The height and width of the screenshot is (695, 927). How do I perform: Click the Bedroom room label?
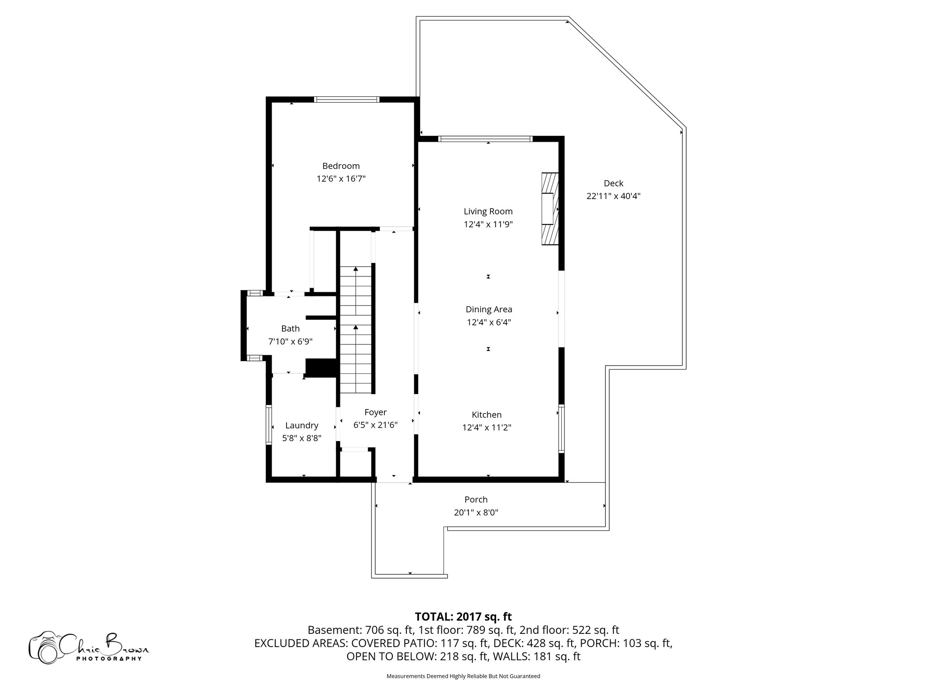click(x=341, y=166)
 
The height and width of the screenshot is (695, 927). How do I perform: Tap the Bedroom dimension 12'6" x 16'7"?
click(x=341, y=179)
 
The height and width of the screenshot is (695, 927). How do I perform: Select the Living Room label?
click(x=488, y=211)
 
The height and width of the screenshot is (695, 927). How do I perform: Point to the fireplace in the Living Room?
click(x=550, y=209)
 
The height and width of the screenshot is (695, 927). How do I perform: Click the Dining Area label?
click(x=489, y=309)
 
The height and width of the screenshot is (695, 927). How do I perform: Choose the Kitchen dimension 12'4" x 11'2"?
click(x=487, y=428)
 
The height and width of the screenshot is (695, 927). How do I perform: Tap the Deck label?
click(x=613, y=183)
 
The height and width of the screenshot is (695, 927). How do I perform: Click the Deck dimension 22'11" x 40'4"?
click(x=613, y=196)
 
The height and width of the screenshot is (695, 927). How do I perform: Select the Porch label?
click(x=476, y=500)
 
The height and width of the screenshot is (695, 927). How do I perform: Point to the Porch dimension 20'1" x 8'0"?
click(x=476, y=513)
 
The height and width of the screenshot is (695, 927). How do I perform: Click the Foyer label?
click(x=375, y=412)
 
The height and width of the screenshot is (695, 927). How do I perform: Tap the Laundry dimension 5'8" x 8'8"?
click(x=301, y=438)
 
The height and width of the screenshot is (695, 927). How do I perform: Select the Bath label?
click(x=290, y=328)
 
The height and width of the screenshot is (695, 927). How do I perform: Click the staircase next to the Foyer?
click(x=356, y=330)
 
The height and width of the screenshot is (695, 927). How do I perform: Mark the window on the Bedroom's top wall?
click(x=347, y=100)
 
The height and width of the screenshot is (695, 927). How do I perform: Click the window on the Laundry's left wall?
click(x=268, y=425)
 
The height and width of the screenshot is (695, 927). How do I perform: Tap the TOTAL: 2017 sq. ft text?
click(x=463, y=617)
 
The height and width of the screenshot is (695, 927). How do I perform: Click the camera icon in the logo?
click(x=45, y=647)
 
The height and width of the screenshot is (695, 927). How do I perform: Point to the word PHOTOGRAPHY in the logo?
click(x=109, y=658)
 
